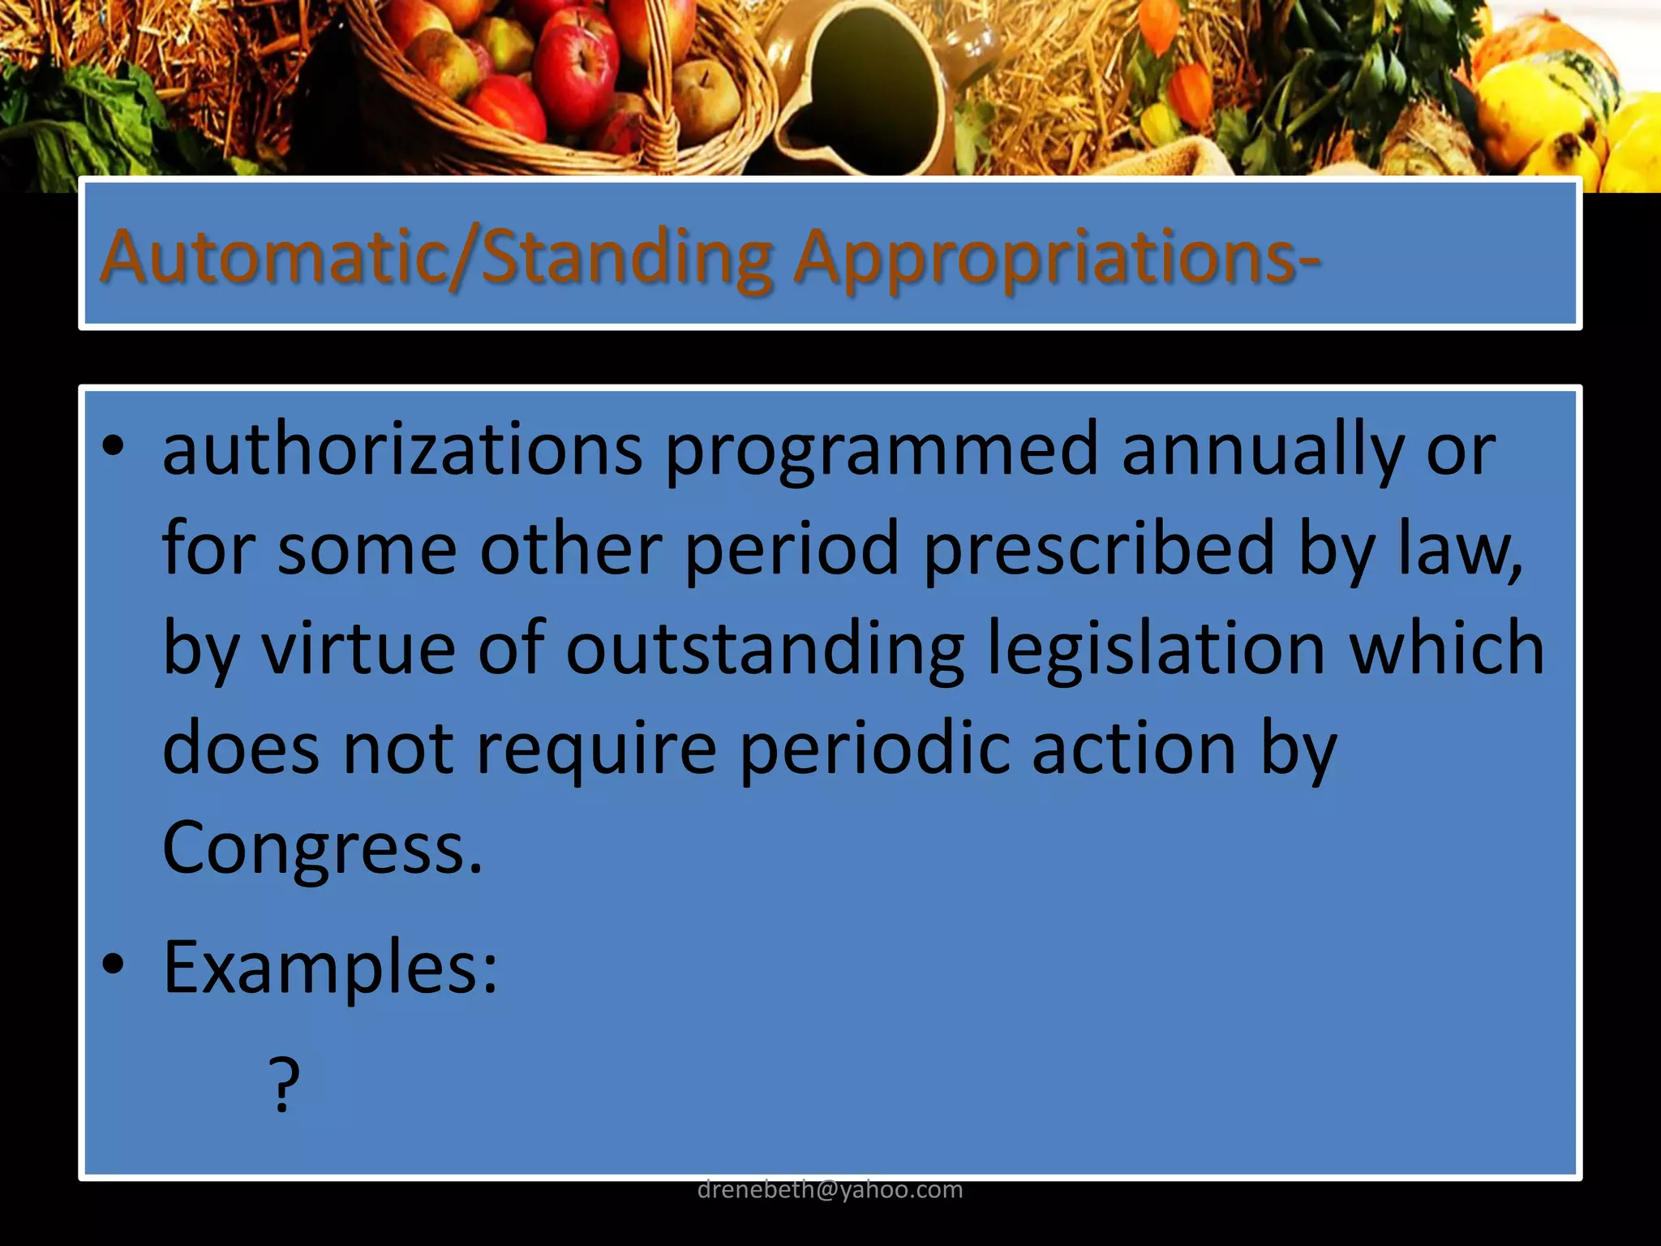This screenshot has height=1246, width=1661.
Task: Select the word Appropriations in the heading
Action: [1046, 257]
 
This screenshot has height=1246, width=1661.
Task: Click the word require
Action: [596, 747]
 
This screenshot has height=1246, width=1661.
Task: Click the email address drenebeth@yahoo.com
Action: [830, 1189]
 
